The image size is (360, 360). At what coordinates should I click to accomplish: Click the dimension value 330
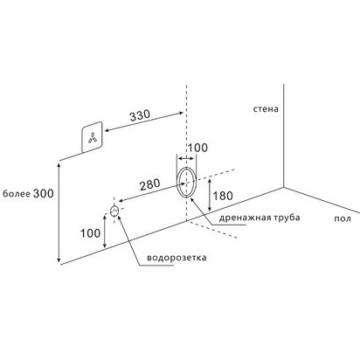pos(140,115)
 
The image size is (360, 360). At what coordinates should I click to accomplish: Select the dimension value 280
pos(150,184)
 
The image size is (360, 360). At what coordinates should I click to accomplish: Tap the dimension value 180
pos(223,196)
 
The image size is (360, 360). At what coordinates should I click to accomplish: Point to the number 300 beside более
pos(44,193)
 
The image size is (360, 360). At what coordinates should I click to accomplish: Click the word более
pos(17,194)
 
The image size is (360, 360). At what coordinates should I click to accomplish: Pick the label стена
pos(266,109)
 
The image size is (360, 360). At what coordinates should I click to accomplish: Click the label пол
pos(343,218)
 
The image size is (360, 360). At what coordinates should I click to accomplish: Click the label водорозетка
pos(177,258)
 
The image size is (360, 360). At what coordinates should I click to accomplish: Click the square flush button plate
pos(92,137)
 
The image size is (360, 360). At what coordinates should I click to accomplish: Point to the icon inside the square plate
pos(93,138)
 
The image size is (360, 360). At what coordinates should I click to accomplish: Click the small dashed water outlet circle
pos(114,211)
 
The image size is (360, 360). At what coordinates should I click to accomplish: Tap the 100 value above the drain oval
pos(197,148)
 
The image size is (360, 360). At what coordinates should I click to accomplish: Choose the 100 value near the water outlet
pos(91,233)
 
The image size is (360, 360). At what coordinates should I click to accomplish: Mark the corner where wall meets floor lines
pos(284,187)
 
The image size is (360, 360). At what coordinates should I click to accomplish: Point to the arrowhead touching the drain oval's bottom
pos(192,200)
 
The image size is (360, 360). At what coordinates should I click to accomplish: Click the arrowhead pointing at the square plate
pos(107,131)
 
